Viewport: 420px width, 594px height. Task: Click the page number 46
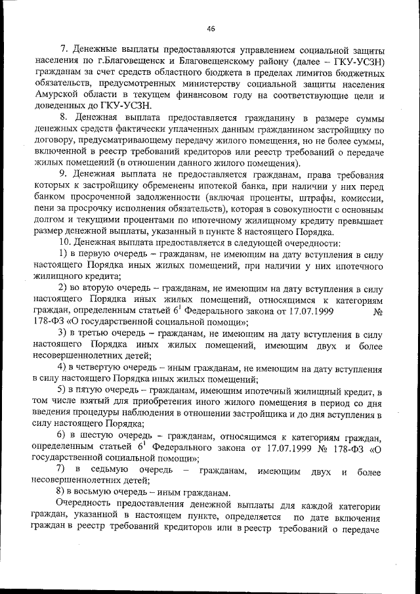(x=210, y=28)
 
